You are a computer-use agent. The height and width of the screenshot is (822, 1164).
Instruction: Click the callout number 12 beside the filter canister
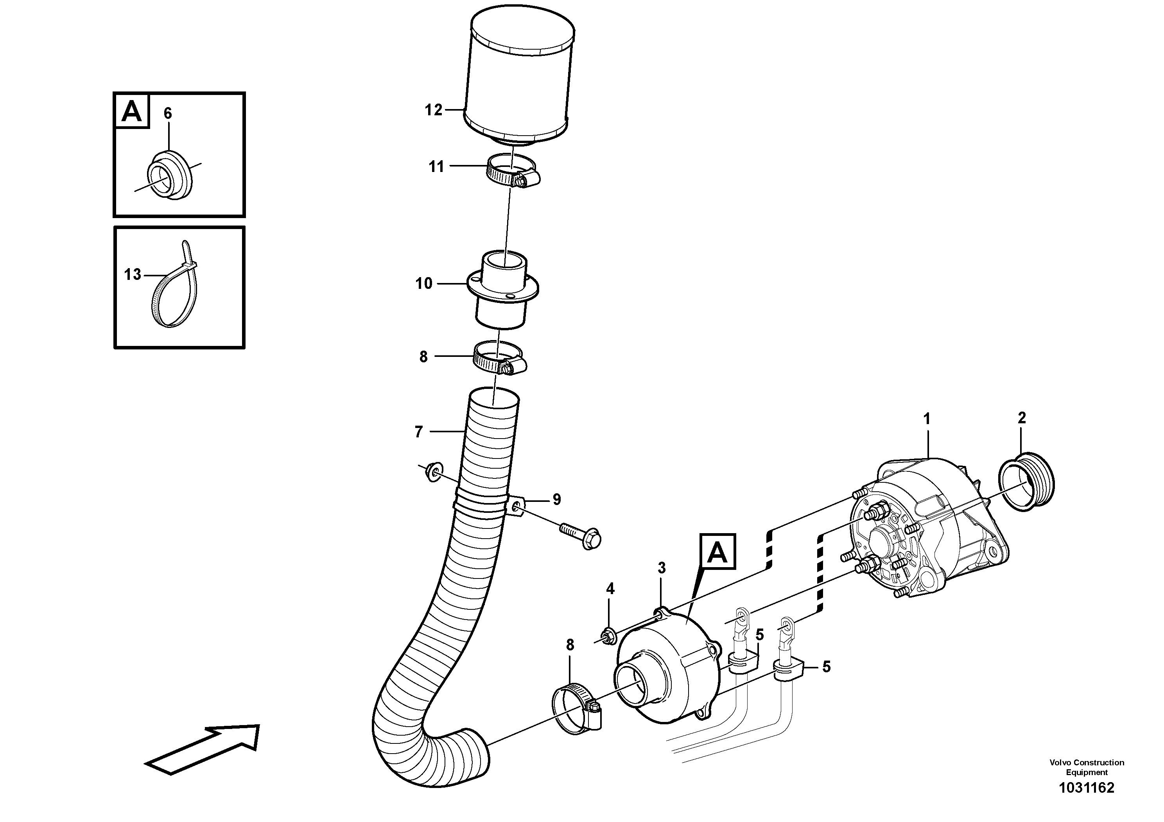click(x=434, y=110)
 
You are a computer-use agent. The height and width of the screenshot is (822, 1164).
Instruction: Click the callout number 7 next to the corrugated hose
click(x=418, y=432)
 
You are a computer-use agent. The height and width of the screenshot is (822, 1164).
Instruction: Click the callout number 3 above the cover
click(x=662, y=568)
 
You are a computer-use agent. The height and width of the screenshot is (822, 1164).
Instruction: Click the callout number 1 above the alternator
click(x=927, y=419)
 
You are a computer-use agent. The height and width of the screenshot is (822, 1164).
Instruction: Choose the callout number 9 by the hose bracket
click(x=557, y=500)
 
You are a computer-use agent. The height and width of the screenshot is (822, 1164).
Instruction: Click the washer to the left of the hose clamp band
click(x=434, y=471)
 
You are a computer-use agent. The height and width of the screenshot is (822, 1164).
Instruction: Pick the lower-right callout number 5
click(x=826, y=667)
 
